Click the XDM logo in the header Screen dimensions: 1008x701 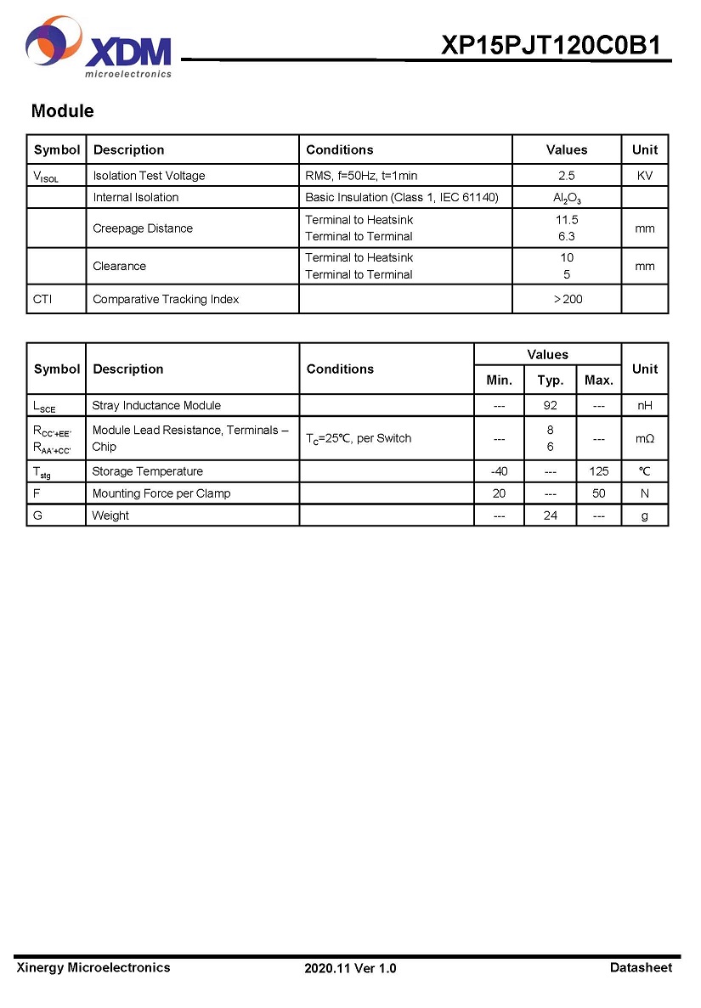99,49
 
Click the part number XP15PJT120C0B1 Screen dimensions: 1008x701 551,45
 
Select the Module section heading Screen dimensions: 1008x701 62,111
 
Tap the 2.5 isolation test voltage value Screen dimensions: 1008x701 566,176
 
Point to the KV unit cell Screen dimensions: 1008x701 644,176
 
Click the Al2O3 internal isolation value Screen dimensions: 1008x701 566,198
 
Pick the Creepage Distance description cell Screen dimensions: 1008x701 143,228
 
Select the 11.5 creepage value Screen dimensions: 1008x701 566,220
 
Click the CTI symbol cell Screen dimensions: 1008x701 42,299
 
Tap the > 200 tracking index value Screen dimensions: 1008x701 568,299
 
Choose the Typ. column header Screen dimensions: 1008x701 550,380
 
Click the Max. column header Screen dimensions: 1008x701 598,380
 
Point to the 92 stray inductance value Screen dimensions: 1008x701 550,406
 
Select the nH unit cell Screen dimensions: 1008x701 644,406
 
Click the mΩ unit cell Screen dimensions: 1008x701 644,438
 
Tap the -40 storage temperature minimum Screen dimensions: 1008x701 499,471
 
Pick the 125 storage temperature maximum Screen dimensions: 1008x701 598,471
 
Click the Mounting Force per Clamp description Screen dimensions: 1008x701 161,493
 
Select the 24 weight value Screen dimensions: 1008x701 550,515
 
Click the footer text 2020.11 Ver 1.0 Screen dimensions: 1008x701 350,968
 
